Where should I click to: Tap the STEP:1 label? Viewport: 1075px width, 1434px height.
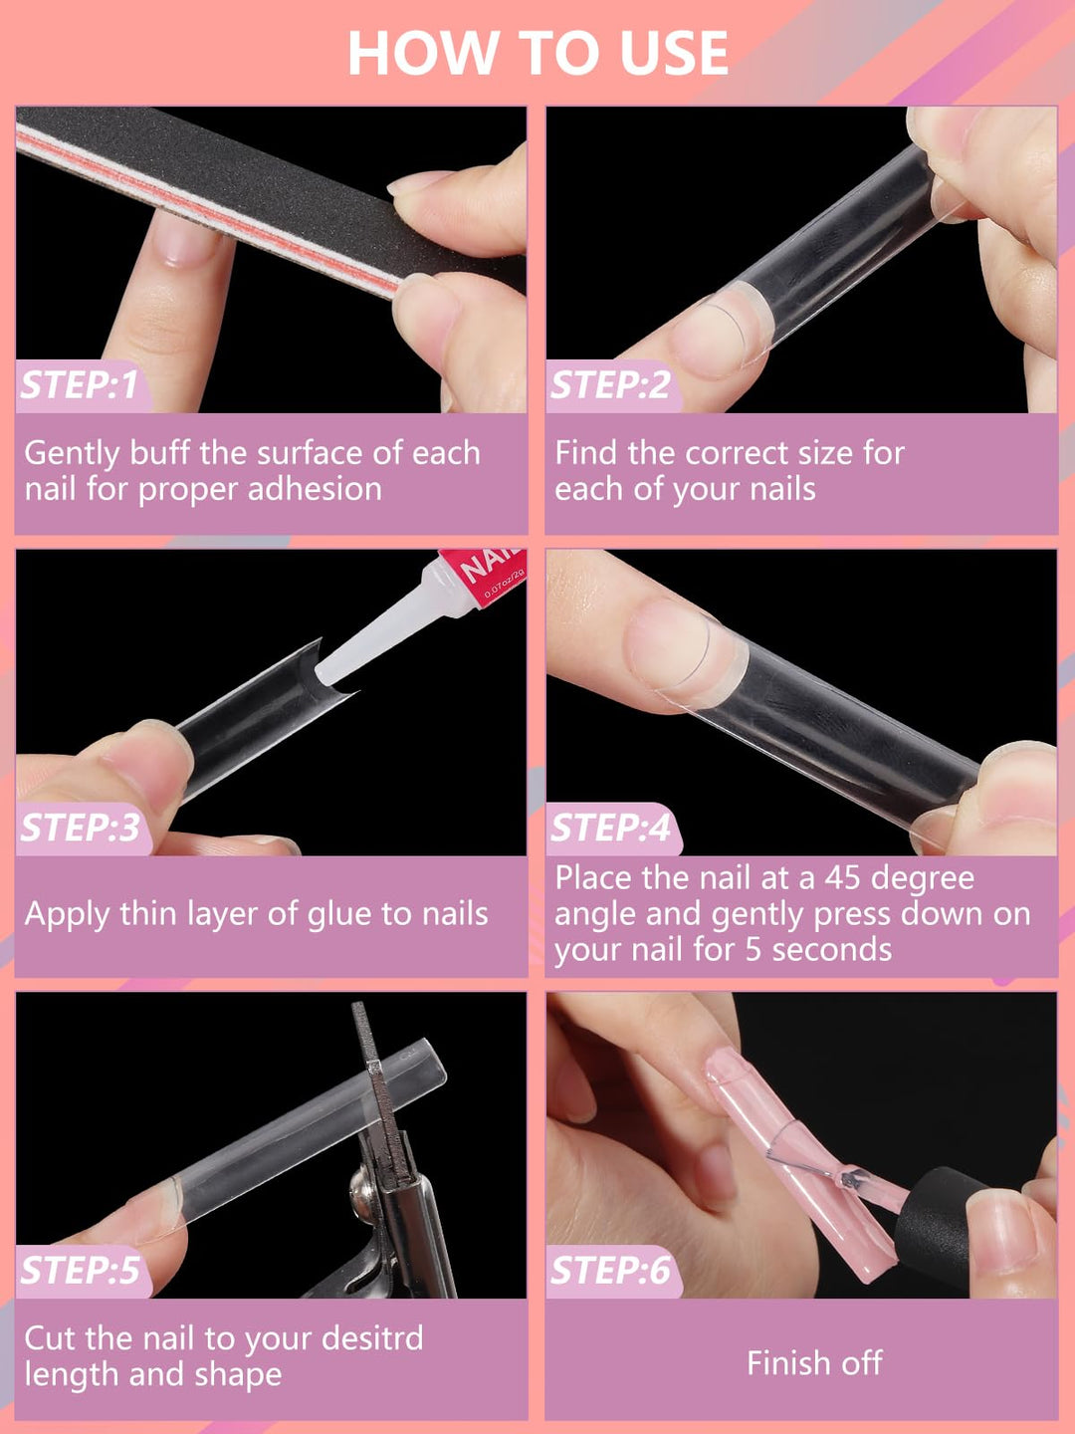coord(80,385)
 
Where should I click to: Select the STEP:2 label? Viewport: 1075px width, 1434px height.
coord(610,385)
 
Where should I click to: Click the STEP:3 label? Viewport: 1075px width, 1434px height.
coord(81,829)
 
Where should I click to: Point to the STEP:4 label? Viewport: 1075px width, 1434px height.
coord(610,829)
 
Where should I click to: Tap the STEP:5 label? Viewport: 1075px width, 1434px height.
coord(81,1271)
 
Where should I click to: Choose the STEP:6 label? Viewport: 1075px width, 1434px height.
coord(610,1271)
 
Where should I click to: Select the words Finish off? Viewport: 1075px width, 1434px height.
coord(814,1362)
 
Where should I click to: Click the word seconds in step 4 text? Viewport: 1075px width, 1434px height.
coord(832,950)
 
